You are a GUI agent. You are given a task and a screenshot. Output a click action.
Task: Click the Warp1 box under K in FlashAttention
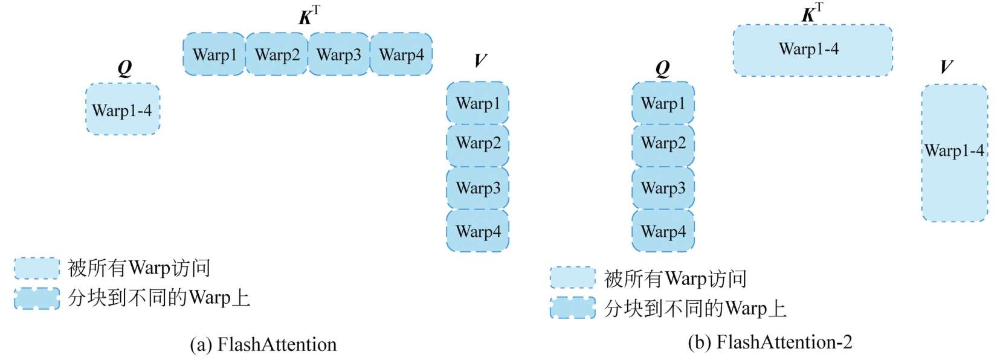214,54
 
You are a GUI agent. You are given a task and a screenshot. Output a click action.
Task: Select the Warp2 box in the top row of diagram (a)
277,54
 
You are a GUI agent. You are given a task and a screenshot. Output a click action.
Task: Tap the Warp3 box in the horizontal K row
338,54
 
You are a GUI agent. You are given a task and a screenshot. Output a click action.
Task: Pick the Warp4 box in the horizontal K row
401,54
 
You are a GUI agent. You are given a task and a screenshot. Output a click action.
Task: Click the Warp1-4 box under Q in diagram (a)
123,109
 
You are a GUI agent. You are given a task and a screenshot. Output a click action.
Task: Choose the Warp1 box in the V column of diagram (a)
478,103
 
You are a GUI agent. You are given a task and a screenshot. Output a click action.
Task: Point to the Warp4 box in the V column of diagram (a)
478,231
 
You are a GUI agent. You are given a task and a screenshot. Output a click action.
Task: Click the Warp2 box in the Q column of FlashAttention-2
663,143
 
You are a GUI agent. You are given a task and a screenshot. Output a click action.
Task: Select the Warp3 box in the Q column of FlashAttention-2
663,188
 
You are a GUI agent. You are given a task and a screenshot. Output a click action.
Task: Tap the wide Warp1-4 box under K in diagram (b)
813,50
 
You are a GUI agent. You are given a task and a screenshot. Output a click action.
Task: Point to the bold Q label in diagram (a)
124,68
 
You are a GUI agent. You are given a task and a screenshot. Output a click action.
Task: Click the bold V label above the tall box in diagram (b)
946,67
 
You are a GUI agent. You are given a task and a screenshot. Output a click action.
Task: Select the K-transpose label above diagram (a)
309,16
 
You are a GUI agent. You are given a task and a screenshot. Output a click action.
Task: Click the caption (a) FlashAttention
263,344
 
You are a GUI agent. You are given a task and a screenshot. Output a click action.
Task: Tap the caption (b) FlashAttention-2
770,342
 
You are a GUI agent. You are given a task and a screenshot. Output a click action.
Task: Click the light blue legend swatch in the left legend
37,268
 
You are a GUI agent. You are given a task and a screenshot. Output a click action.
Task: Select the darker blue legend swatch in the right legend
572,307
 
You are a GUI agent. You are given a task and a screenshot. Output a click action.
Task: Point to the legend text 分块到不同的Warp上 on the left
159,298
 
